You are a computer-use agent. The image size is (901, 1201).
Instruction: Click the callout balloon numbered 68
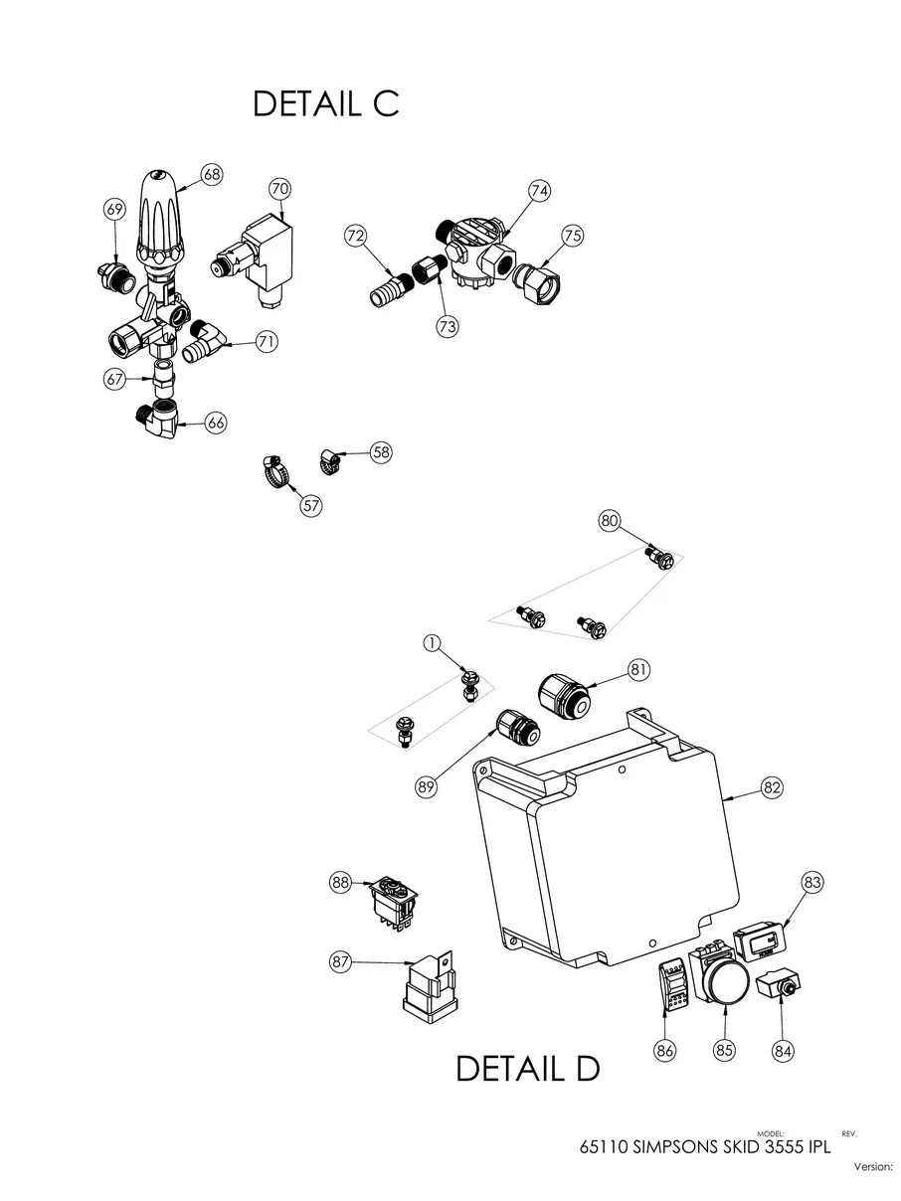(211, 174)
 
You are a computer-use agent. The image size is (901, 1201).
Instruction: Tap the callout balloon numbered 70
(279, 188)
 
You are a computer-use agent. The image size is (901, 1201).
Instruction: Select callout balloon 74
(539, 191)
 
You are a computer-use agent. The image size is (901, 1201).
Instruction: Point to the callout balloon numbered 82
(772, 786)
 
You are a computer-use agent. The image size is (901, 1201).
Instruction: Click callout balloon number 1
(432, 644)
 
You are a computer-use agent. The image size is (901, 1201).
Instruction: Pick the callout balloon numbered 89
(427, 786)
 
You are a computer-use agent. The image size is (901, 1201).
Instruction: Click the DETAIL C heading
(325, 103)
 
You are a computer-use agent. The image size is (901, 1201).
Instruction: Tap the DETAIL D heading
(527, 1069)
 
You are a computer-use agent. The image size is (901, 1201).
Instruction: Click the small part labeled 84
(780, 987)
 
